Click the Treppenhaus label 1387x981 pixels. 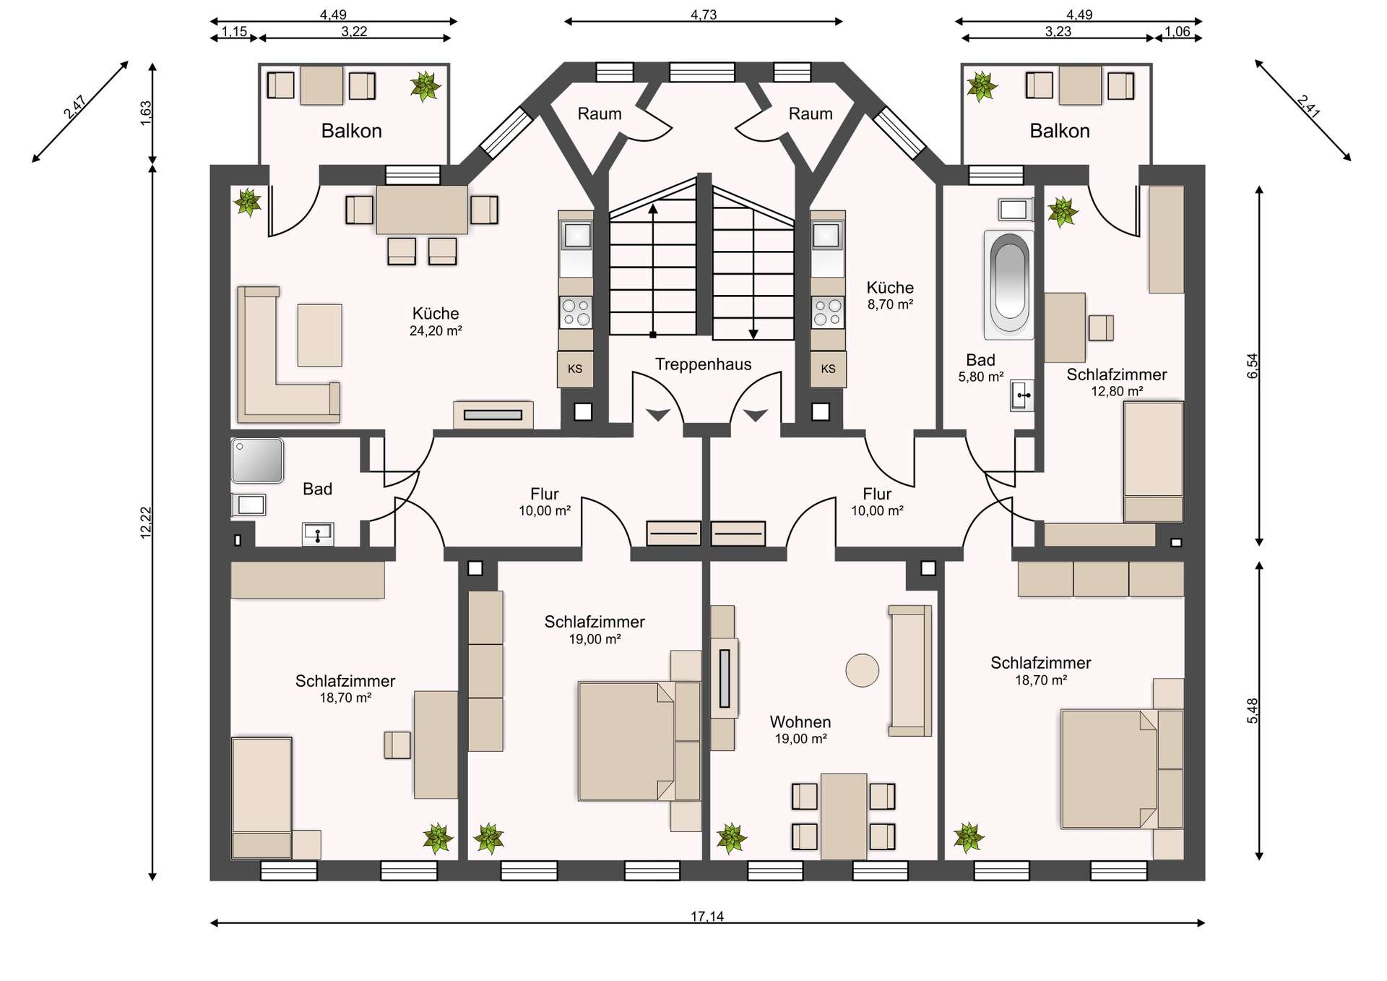(703, 364)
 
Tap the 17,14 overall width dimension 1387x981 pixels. (707, 917)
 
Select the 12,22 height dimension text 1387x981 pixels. (146, 523)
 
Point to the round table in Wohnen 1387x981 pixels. (863, 670)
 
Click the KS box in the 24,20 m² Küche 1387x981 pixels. (575, 369)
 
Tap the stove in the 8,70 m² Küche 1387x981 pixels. (828, 312)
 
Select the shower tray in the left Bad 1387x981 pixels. (257, 460)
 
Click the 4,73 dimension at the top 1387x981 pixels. (704, 14)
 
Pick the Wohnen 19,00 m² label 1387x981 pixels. (800, 729)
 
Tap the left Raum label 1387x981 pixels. (600, 113)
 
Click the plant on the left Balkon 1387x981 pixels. (425, 87)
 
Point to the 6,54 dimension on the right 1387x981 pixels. (1252, 365)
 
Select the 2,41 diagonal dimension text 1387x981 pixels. (1308, 106)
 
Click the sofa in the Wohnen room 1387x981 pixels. (910, 670)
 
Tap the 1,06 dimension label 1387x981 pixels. (1178, 32)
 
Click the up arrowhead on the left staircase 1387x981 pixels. (653, 210)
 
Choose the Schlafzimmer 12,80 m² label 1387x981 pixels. (1117, 382)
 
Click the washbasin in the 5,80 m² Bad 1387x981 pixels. (1022, 395)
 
